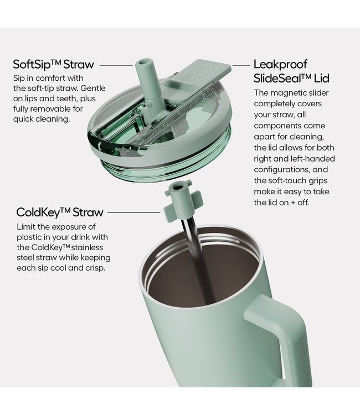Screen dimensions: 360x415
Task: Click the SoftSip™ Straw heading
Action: point(54,65)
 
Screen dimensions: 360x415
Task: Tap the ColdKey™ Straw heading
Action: point(60,212)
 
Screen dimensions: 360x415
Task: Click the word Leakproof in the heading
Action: point(280,65)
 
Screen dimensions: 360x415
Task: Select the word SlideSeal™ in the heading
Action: point(282,79)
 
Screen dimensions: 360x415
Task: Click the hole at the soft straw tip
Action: point(142,63)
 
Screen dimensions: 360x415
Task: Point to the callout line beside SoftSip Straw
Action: point(116,65)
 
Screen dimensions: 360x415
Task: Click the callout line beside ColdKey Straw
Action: point(134,212)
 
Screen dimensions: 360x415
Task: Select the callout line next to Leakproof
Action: point(241,65)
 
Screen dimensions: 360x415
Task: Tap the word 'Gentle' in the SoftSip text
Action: point(92,88)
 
